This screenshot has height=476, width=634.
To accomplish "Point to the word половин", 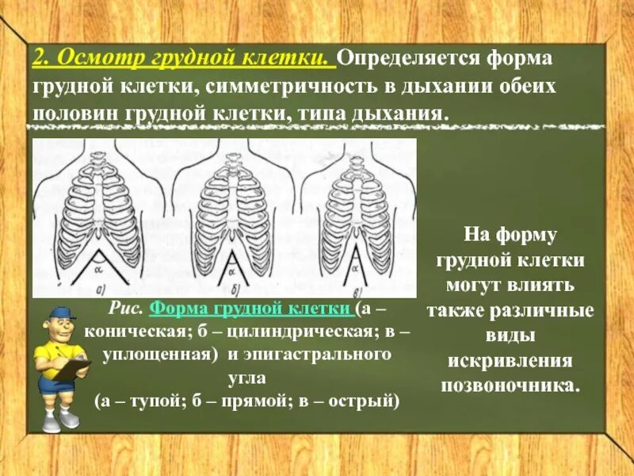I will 74,111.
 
